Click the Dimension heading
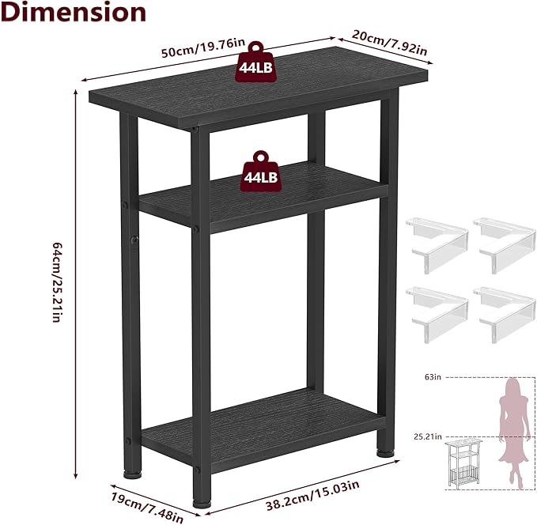(74, 13)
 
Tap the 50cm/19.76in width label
(202, 49)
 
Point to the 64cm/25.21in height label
(55, 282)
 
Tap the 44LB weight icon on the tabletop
(255, 68)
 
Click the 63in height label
(431, 377)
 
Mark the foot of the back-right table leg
(384, 453)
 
